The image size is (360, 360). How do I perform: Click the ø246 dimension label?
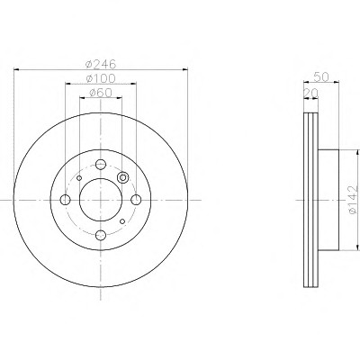(x=101, y=64)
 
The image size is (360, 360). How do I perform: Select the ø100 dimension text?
(x=101, y=78)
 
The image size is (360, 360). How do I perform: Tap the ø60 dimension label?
(x=101, y=93)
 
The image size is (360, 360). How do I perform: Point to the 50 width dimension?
(x=321, y=76)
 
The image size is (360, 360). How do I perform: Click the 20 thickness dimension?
(x=310, y=94)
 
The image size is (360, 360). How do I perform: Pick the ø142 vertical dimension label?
(x=353, y=200)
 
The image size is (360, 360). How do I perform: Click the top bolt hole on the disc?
(x=101, y=164)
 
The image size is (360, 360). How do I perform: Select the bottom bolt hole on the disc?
(x=101, y=235)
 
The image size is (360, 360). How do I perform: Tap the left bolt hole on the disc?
(x=65, y=200)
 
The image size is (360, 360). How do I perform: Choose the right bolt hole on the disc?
(x=136, y=200)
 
